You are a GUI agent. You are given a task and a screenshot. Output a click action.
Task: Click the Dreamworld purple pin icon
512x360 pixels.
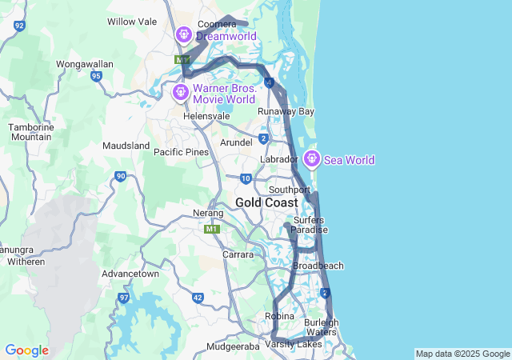click(183, 34)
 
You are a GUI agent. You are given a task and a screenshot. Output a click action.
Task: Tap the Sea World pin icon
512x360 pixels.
click(311, 159)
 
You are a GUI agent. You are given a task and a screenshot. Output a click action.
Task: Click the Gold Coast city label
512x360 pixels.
click(266, 202)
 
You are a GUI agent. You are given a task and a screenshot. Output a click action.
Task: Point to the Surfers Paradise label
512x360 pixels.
click(310, 225)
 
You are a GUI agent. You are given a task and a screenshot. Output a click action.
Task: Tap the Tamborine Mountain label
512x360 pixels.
click(30, 132)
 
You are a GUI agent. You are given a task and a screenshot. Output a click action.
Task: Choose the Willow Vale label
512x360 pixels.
click(132, 22)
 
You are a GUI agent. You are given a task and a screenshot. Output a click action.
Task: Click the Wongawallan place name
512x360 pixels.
click(85, 64)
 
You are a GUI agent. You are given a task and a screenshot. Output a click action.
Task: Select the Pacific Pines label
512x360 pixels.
click(181, 152)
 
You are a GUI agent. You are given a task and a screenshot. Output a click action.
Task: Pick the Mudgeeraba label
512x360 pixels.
click(234, 346)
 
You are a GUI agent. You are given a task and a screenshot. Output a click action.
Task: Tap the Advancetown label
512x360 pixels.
click(130, 274)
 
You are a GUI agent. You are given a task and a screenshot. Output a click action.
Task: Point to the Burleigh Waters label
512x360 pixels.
click(322, 327)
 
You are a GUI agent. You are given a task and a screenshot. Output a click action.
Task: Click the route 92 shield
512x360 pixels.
click(19, 26)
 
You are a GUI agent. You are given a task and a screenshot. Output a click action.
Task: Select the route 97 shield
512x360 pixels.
click(123, 298)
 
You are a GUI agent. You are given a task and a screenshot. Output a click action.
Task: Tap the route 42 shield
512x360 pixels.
click(198, 298)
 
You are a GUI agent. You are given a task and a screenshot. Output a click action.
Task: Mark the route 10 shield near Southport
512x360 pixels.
click(246, 178)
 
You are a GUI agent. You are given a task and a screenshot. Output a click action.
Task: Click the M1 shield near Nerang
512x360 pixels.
click(212, 230)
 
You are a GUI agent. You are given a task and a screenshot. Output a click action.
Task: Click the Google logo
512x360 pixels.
click(26, 350)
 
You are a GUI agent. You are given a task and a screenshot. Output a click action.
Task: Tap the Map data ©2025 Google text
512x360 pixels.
click(462, 354)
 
